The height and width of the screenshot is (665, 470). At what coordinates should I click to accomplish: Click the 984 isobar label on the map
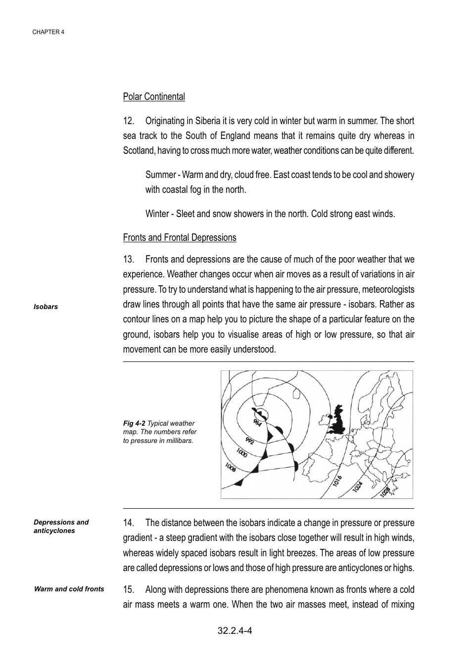[257, 423]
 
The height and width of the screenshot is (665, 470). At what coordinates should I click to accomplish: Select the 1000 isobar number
[242, 452]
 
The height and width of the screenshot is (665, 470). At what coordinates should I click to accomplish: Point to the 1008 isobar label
[231, 467]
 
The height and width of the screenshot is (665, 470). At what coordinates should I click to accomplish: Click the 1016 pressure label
[338, 481]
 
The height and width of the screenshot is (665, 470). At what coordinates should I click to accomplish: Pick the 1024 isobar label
[358, 487]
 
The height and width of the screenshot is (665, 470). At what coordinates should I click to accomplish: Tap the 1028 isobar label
[386, 491]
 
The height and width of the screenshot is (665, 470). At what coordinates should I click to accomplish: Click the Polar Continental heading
[154, 97]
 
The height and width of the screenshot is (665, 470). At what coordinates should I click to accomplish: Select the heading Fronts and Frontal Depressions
[180, 238]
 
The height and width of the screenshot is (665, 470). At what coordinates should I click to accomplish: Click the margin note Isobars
[46, 307]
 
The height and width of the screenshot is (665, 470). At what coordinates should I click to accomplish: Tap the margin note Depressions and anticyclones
[61, 527]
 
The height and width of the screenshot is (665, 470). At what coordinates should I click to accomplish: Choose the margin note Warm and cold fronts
[69, 589]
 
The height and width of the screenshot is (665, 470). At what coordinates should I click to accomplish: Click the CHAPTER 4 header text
[48, 32]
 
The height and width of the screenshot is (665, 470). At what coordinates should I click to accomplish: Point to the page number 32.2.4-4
[235, 630]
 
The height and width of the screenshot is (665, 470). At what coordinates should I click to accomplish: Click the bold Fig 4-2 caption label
[134, 423]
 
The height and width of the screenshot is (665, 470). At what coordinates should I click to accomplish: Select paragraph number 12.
[129, 121]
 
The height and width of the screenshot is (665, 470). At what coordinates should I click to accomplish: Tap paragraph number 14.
[129, 523]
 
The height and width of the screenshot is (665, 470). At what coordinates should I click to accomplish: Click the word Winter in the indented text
[157, 214]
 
